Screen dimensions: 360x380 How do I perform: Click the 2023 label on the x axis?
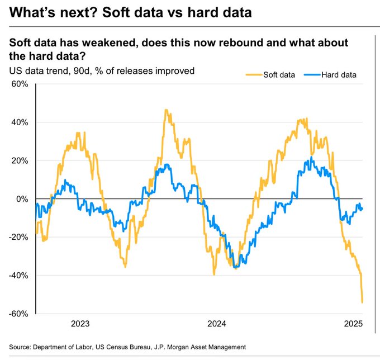80,324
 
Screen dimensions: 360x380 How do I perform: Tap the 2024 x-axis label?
217,324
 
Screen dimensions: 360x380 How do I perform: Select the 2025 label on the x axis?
353,324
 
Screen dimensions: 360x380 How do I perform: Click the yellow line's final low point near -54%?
362,302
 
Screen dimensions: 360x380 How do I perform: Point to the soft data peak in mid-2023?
166,110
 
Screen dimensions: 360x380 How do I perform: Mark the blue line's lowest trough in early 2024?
236,268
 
